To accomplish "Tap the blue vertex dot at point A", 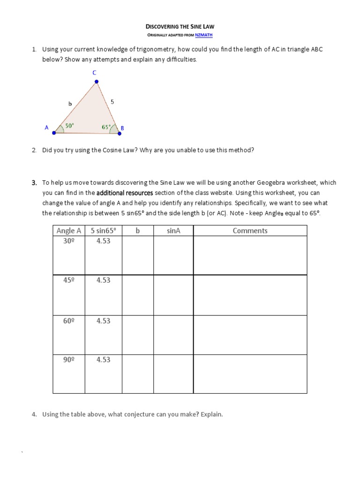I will (54, 133).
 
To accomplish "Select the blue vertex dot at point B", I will (119, 133).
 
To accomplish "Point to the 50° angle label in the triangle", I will (69, 126).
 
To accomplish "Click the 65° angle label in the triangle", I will (106, 127).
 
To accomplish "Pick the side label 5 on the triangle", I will (112, 101).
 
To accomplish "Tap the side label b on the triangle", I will (70, 104).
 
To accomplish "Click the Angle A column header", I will (69, 231).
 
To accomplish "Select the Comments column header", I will (250, 231).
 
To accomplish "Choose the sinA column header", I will (173, 231).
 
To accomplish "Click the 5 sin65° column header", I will (103, 231).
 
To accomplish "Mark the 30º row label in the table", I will (69, 241).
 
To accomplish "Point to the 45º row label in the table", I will (69, 280).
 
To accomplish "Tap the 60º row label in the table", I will (69, 321).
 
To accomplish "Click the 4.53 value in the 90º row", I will (103, 360).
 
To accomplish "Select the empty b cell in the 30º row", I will (138, 255).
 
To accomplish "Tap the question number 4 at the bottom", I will (34, 414).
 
